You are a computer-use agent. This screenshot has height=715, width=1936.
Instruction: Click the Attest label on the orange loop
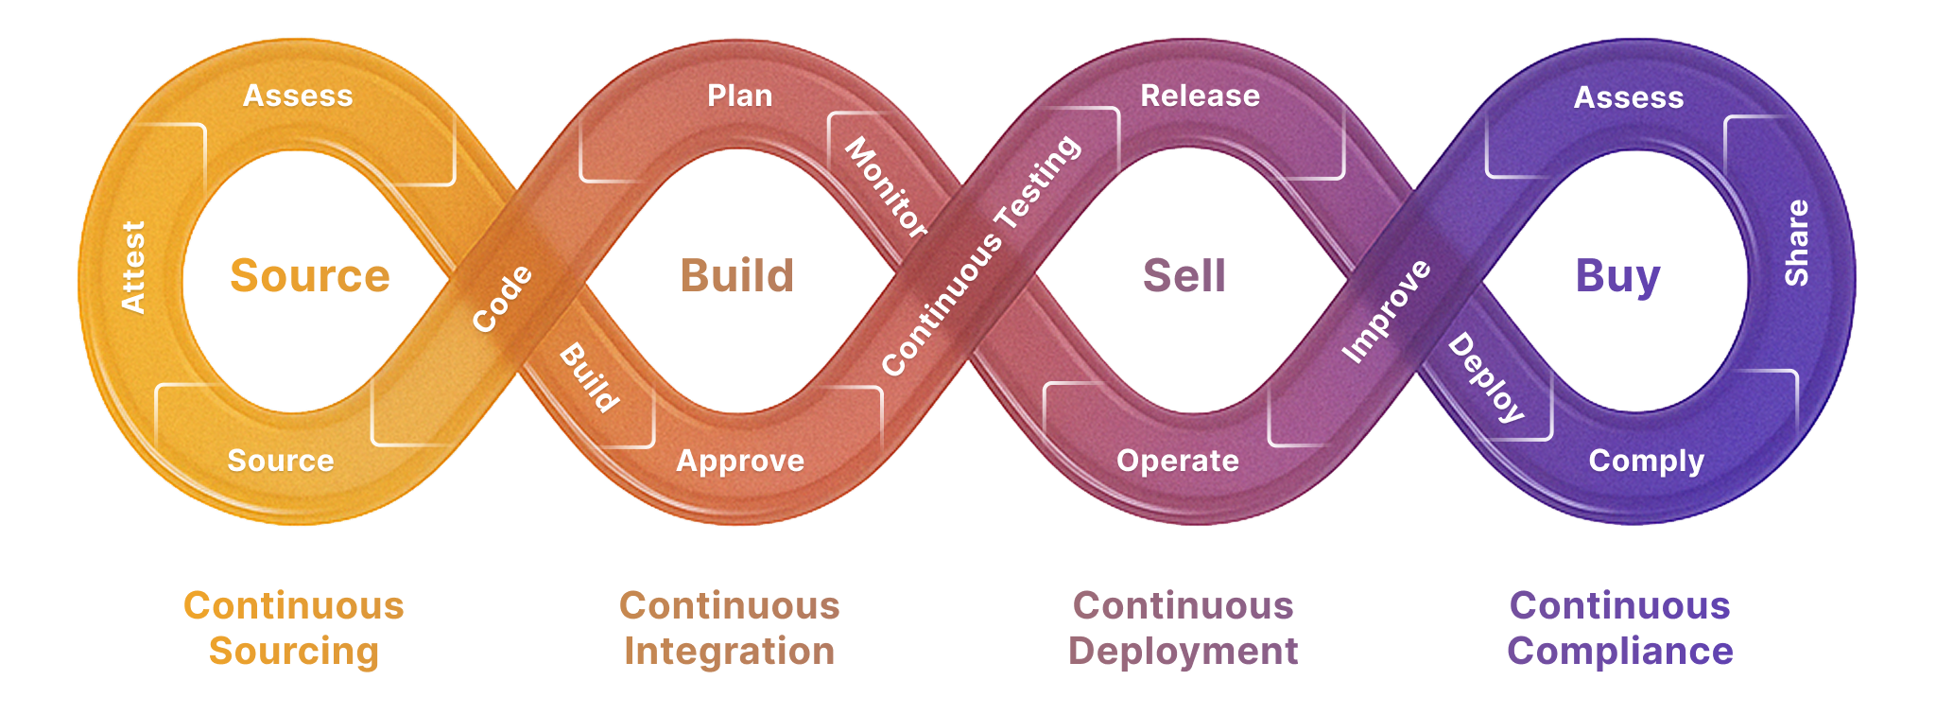[x=133, y=267]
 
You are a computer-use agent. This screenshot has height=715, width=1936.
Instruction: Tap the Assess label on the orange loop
[x=298, y=96]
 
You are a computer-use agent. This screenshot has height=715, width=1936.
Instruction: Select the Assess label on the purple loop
[x=1629, y=97]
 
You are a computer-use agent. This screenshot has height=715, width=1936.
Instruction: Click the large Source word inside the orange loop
[x=310, y=275]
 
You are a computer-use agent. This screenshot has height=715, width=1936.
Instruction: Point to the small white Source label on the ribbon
[x=281, y=461]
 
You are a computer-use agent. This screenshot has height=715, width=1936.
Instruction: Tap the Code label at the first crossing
[x=502, y=299]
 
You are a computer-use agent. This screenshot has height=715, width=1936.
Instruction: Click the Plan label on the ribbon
[x=740, y=96]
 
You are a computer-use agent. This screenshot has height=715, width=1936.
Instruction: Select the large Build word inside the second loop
[x=737, y=275]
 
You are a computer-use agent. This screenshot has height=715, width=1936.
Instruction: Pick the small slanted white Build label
[x=590, y=378]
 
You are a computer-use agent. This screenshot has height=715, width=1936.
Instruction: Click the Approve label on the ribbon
[x=740, y=462]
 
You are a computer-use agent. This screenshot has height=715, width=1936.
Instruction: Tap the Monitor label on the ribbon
[x=886, y=186]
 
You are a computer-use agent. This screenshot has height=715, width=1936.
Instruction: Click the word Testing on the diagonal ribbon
[x=1038, y=182]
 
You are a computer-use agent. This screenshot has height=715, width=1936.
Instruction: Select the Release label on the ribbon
[x=1201, y=96]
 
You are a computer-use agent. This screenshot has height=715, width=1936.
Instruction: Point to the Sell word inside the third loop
[x=1184, y=275]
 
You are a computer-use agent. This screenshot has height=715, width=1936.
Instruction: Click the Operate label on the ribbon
[x=1178, y=462]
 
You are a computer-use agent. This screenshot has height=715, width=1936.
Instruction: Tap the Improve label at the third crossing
[x=1387, y=311]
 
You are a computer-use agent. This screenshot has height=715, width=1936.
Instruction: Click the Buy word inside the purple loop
[x=1617, y=277]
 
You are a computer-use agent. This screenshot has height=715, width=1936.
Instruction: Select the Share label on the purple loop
[x=1796, y=242]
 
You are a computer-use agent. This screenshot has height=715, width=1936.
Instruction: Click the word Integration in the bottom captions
[x=730, y=652]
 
